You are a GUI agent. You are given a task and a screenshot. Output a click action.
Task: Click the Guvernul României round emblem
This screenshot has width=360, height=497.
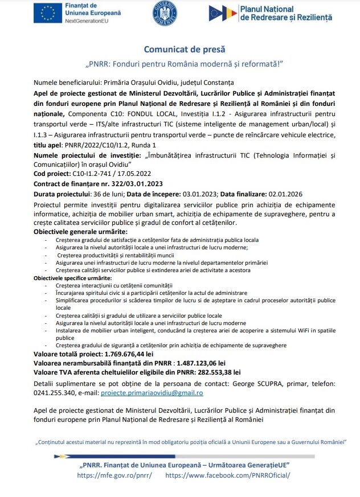pyautogui.click(x=165, y=13)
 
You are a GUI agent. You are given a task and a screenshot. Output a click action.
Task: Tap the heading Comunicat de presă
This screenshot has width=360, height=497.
pyautogui.click(x=179, y=49)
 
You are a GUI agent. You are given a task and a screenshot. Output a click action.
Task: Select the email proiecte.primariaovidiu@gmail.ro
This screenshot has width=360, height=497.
pyautogui.click(x=152, y=393)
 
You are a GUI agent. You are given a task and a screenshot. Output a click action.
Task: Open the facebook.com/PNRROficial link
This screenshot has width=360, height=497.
pyautogui.click(x=228, y=475)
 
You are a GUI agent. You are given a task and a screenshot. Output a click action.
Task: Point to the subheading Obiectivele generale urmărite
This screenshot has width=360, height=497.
pyautogui.click(x=80, y=232)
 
